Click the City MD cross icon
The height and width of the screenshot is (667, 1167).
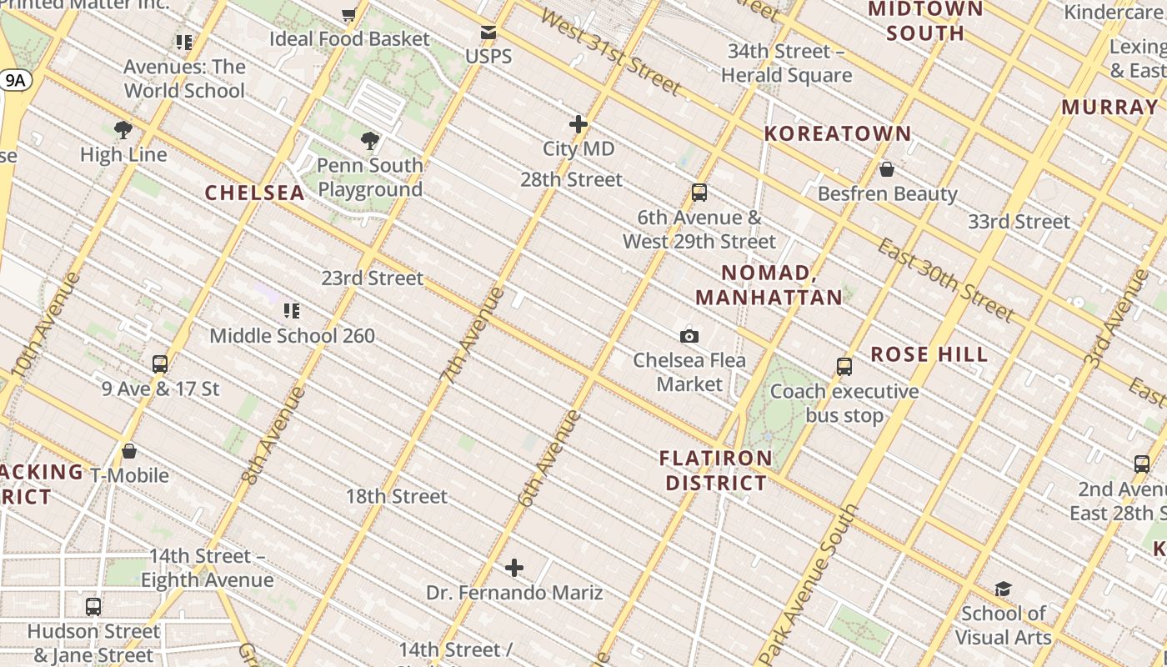tap(578, 124)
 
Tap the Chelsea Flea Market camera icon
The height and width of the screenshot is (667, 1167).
tap(689, 336)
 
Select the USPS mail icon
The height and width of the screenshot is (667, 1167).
tap(488, 33)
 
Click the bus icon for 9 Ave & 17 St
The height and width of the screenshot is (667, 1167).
tap(160, 364)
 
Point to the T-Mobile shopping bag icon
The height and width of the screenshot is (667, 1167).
tap(129, 451)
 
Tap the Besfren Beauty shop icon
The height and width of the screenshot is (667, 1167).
tap(887, 169)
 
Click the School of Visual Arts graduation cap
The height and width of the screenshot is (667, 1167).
tap(1003, 589)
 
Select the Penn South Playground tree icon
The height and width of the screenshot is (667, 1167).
tap(370, 141)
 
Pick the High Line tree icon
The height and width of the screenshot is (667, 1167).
tap(123, 130)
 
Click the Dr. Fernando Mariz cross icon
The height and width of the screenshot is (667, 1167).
tap(514, 569)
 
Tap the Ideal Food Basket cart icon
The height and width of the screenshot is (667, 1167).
tap(349, 14)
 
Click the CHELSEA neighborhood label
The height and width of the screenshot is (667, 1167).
tap(255, 193)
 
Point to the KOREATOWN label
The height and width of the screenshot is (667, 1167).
tap(838, 133)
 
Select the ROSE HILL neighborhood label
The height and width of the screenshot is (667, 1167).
tap(929, 354)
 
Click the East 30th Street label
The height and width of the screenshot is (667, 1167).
tap(946, 280)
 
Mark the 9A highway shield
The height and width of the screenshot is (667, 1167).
tap(16, 80)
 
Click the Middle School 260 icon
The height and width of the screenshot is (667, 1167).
tap(292, 311)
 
